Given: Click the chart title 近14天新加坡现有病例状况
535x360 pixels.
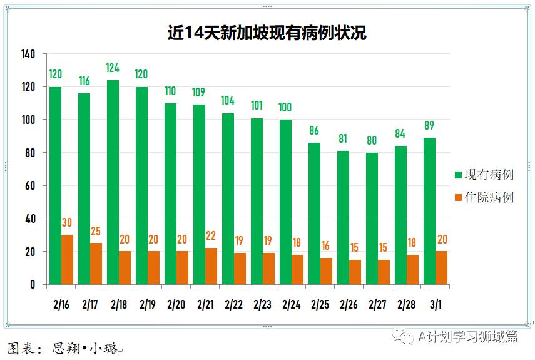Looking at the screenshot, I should tap(267, 33).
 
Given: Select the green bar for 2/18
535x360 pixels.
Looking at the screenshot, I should tap(113, 182).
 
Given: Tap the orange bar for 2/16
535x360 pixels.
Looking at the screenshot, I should tap(67, 260).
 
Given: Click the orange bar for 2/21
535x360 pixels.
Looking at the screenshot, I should tap(211, 266).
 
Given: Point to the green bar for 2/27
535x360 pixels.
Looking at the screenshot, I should tap(372, 219).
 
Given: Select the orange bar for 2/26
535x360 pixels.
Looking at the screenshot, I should tap(355, 272).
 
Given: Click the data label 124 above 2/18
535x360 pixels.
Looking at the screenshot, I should tap(113, 68).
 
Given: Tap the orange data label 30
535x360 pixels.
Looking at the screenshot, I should tap(67, 223).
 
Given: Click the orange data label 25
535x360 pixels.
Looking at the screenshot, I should tap(96, 231).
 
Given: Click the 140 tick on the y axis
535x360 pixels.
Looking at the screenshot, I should tap(28, 54).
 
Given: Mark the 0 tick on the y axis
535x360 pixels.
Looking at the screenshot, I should tap(33, 285).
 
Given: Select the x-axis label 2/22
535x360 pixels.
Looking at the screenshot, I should tap(233, 304).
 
